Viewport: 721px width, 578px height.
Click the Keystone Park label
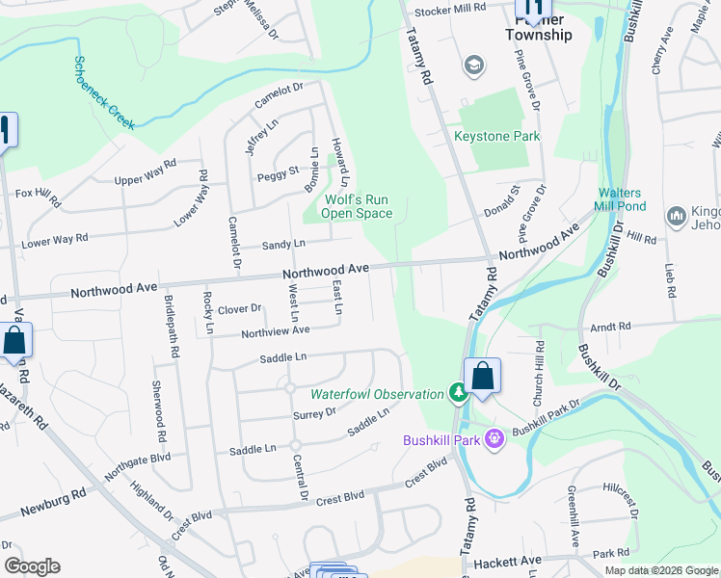497,137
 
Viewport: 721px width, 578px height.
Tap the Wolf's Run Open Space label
355,206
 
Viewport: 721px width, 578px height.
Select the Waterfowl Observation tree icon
460,394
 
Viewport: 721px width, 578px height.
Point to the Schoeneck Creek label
104,92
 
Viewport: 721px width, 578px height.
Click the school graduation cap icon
473,65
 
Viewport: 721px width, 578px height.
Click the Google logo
32,566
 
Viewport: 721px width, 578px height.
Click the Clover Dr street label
240,309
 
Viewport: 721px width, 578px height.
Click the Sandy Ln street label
283,245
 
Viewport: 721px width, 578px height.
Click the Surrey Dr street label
313,412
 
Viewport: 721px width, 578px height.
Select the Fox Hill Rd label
37,197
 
